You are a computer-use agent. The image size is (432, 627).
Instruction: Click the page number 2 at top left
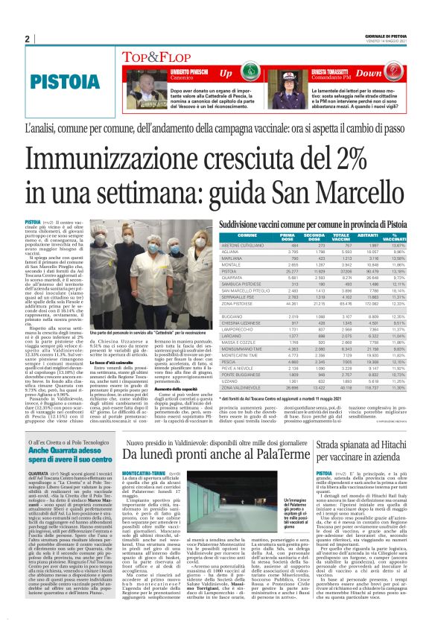[27, 39]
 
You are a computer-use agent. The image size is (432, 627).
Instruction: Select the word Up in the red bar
[226, 74]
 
